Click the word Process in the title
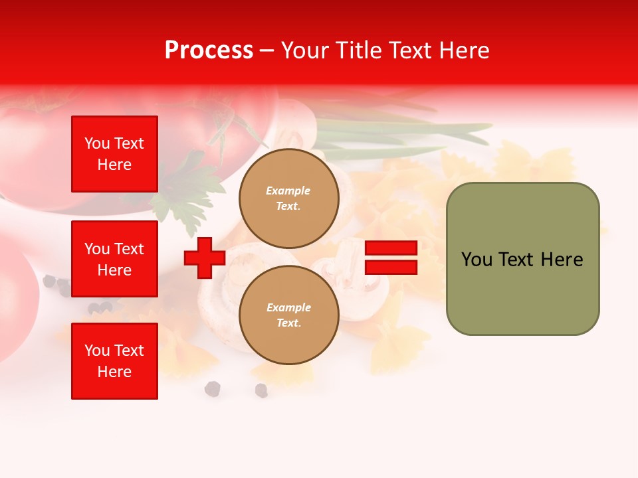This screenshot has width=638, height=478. (209, 50)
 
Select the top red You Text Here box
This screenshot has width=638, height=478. (114, 154)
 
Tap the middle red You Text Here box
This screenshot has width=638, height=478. (114, 259)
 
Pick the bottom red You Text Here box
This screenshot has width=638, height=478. (114, 361)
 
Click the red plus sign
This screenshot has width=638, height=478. (205, 258)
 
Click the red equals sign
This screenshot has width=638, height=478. (391, 258)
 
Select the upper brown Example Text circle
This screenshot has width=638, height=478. (288, 199)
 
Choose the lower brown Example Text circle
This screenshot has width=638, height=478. (288, 315)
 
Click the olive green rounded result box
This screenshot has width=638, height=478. (522, 259)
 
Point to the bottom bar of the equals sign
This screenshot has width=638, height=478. (391, 267)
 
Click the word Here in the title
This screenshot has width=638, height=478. (464, 50)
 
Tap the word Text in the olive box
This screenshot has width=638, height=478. (516, 260)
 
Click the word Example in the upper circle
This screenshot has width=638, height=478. (288, 191)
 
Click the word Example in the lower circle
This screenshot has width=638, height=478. (288, 308)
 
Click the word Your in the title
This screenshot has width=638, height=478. (304, 50)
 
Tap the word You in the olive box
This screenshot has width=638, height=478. (477, 260)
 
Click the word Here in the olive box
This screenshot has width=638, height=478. (562, 260)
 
